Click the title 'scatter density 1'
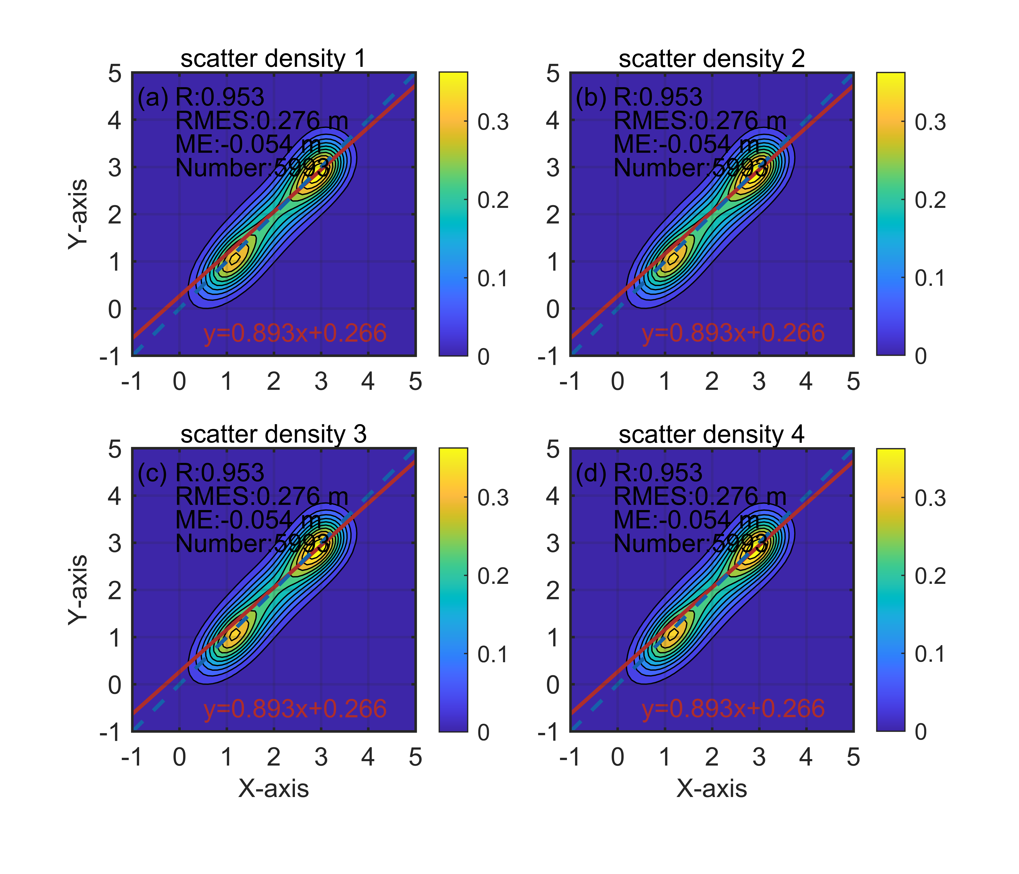(x=273, y=59)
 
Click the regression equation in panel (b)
(x=733, y=333)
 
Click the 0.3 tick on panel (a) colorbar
(x=493, y=122)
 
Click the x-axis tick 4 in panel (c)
(x=368, y=757)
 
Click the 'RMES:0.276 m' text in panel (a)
(x=262, y=120)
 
